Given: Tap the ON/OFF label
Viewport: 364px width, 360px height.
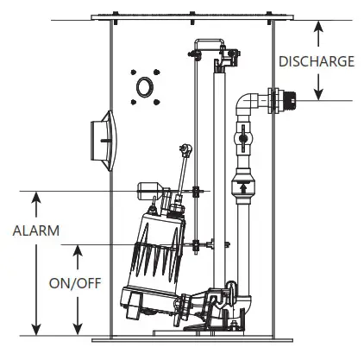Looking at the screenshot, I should (x=74, y=282).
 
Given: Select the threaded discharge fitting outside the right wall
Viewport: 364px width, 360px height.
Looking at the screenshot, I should (x=283, y=100).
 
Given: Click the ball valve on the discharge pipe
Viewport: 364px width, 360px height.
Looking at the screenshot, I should (x=242, y=137).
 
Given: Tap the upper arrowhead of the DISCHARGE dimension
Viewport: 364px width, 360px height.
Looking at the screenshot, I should (x=317, y=23).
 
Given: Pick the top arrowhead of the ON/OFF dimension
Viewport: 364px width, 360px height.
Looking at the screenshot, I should (x=78, y=250).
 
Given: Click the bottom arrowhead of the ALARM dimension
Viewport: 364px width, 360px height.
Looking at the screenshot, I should (x=35, y=330).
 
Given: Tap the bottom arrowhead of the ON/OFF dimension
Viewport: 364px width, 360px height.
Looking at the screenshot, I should (x=78, y=330).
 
